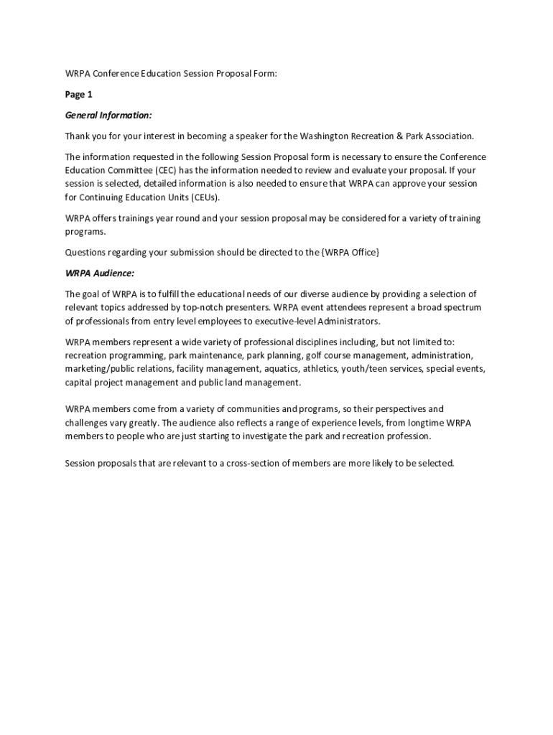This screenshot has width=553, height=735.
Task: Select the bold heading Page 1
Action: pyautogui.click(x=79, y=94)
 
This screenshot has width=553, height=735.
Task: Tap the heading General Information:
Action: pyautogui.click(x=108, y=115)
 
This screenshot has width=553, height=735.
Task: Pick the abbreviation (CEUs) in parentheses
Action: pyautogui.click(x=201, y=197)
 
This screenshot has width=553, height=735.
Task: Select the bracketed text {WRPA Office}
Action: pyautogui.click(x=350, y=252)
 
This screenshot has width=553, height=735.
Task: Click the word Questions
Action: pyautogui.click(x=86, y=252)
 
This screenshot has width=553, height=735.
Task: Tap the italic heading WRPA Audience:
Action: pyautogui.click(x=100, y=273)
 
